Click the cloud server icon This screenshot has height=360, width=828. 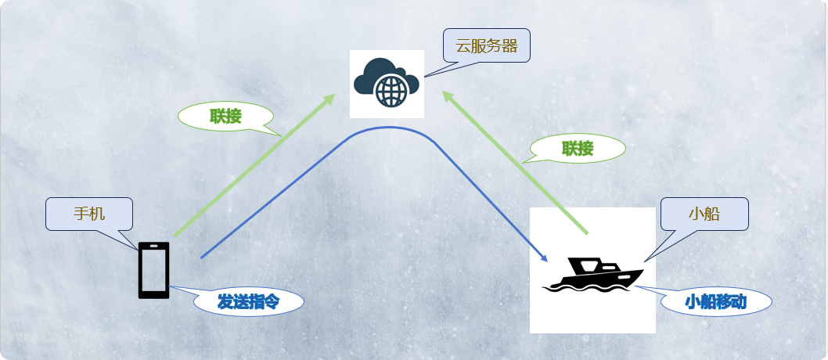point(387,83)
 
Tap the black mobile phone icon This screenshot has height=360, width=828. point(153,270)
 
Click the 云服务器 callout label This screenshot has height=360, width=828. point(487,45)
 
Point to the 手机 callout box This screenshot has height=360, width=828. point(89,214)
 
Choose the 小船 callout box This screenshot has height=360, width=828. point(704,214)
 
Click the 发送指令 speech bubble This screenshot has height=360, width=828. point(248,301)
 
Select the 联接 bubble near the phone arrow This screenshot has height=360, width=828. point(225,117)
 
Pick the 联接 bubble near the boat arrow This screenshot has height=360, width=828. point(578,148)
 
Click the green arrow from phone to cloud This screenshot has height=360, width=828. point(250,167)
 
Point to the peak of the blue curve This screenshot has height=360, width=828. point(387,128)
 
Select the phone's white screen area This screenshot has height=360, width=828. point(153,269)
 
